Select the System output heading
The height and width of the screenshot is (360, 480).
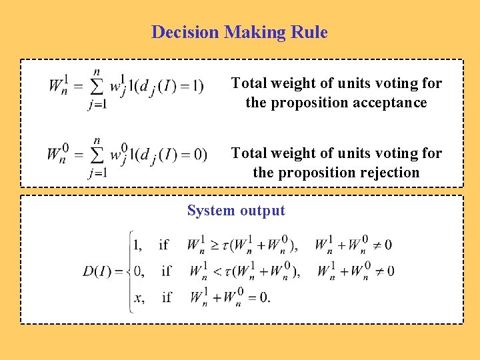point(236,211)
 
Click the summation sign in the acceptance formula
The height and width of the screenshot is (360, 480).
point(98,87)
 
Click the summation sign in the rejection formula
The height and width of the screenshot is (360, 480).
point(97,157)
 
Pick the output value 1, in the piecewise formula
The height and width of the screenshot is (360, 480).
point(137,245)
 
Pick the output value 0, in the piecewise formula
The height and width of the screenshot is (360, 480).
point(139,271)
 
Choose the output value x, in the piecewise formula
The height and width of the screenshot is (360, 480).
point(139,297)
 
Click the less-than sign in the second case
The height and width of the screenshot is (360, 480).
point(213,271)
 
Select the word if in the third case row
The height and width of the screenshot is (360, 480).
point(167,297)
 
